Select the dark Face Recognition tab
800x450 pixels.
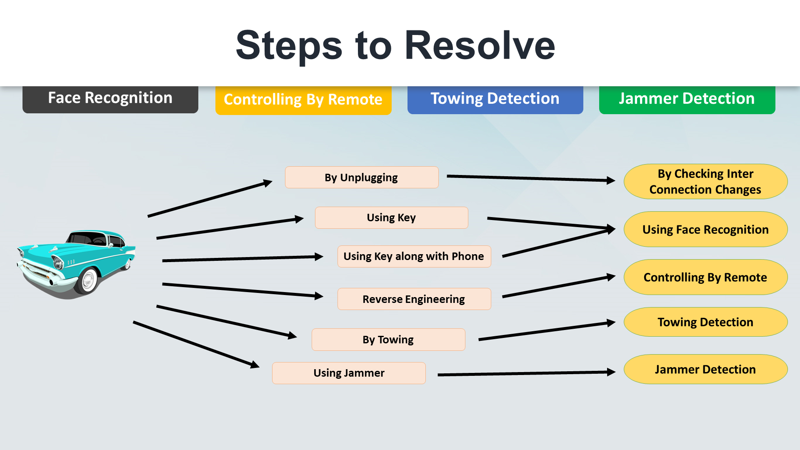tap(110, 99)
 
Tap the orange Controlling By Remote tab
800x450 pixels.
tap(303, 100)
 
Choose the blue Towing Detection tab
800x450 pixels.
tap(495, 100)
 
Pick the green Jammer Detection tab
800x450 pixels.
tap(687, 100)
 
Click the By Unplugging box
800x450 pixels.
tap(362, 177)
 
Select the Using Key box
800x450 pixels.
tap(392, 217)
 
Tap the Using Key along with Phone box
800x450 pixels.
tap(414, 256)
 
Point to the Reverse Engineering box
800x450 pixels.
tap(414, 299)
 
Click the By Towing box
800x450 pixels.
tap(388, 340)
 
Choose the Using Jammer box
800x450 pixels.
tap(349, 373)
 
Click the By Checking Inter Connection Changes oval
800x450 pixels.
tap(705, 182)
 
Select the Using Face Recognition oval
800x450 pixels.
tap(705, 229)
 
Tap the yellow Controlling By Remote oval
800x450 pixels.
tap(705, 277)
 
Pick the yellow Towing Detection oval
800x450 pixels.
tap(705, 322)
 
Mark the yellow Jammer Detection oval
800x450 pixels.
tap(705, 369)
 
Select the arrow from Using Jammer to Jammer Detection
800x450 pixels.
tap(527, 373)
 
